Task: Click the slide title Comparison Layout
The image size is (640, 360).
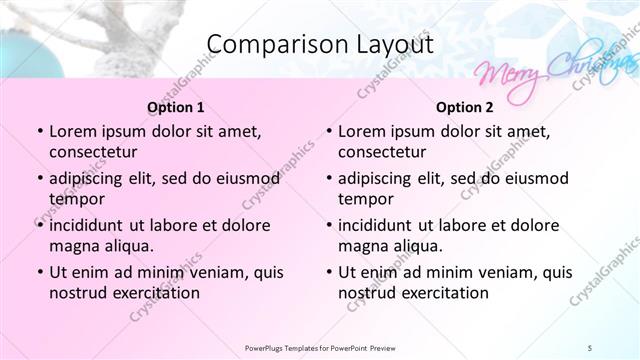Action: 319,45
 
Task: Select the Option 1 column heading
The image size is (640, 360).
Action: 176,107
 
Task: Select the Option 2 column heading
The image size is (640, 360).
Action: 465,107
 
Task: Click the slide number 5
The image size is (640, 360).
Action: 589,347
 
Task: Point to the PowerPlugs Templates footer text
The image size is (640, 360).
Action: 319,347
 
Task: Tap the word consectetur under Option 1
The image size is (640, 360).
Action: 93,152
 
